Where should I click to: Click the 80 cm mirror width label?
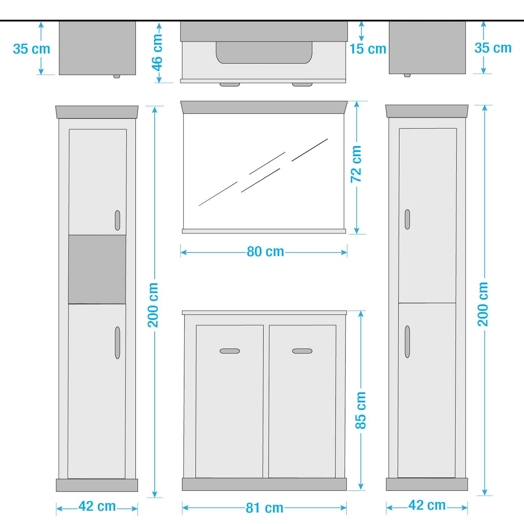tap(265, 252)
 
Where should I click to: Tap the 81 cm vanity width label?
tap(264, 508)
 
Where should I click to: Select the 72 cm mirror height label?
tap(356, 164)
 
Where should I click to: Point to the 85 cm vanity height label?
tap(361, 410)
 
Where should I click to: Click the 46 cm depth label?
tap(157, 52)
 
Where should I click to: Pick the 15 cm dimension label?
tap(368, 49)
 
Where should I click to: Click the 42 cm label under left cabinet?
tap(97, 506)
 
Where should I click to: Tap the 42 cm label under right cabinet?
tap(427, 505)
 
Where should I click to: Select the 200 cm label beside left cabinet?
tap(153, 305)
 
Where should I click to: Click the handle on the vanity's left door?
tap(230, 351)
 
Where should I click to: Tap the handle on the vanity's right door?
tap(302, 351)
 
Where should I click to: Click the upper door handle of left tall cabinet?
tap(117, 220)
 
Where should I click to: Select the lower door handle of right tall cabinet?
tap(407, 342)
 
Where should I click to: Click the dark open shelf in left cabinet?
tap(97, 269)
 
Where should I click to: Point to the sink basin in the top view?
tap(264, 52)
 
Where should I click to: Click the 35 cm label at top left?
tap(31, 49)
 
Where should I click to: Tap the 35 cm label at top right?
tap(493, 48)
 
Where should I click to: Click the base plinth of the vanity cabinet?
tap(264, 484)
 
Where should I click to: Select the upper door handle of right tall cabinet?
tap(407, 219)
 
